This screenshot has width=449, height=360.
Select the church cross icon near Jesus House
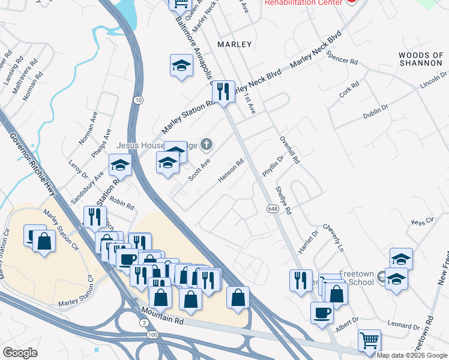pos(206,144)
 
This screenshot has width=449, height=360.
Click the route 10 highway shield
pos(139,100)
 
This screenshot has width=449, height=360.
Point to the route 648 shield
pos(272,208)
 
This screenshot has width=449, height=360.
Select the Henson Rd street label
pos(232,172)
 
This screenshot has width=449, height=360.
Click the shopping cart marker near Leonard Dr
pos(369,340)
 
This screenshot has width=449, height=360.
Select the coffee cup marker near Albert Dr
pos(322,313)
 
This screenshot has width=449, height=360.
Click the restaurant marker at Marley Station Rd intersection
pos(223,92)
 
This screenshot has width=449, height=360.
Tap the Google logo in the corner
pos(20,353)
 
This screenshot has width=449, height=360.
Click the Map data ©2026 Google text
pos(412,355)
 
